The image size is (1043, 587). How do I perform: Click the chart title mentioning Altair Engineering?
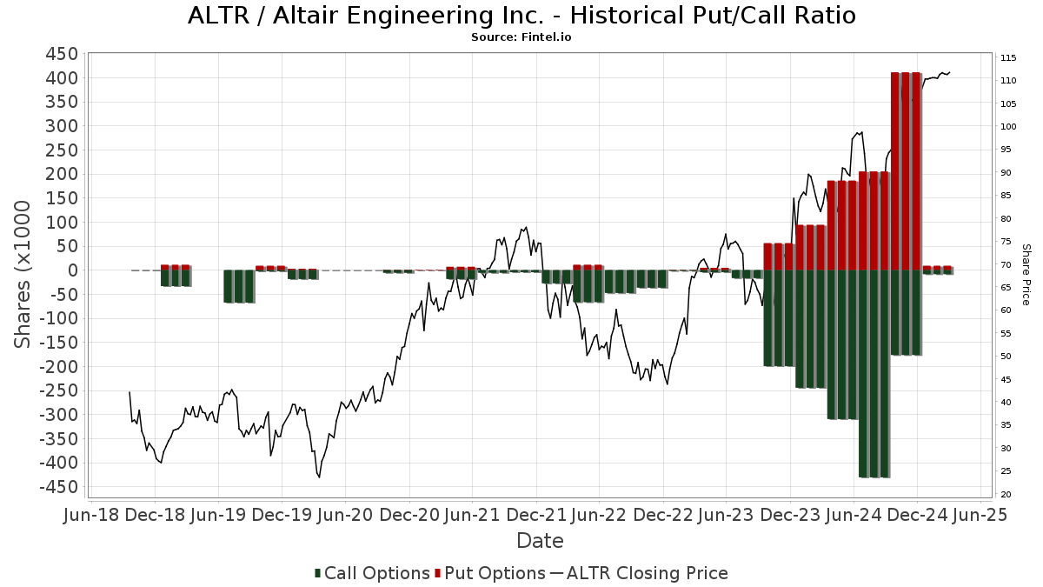point(521,16)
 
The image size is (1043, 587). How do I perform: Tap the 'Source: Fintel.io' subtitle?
point(521,37)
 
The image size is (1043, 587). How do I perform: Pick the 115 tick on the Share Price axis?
point(1008,58)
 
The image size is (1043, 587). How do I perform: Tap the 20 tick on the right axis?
point(1006,495)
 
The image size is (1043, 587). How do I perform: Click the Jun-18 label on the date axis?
point(92,515)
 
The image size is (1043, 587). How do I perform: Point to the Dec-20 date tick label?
point(409,515)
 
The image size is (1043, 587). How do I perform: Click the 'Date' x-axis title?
point(540,541)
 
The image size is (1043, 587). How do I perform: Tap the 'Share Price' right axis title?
point(1026,274)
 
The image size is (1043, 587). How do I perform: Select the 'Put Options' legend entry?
point(492,573)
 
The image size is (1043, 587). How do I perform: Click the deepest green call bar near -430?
point(874,374)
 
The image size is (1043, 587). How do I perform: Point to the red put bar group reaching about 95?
point(811,248)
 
